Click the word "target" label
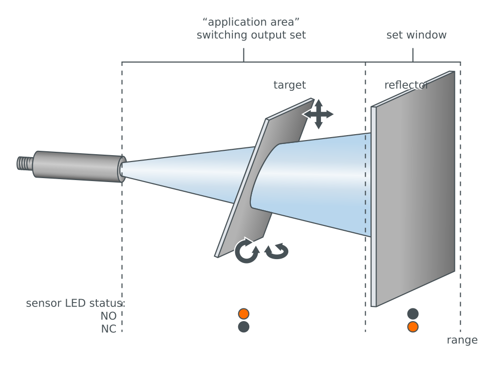(289, 85)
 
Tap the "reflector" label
(406, 85)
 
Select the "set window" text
(416, 35)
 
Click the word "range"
(462, 340)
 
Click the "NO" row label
(108, 316)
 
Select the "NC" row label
(108, 329)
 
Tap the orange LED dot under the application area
(243, 314)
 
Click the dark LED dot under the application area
(243, 327)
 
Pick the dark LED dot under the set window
(412, 314)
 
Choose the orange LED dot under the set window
(412, 327)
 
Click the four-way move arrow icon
(318, 114)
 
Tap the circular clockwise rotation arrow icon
(246, 251)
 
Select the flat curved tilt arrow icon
(277, 251)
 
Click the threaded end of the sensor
(25, 163)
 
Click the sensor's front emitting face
(121, 169)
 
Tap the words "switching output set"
(251, 35)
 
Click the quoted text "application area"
(251, 22)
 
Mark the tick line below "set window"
(412, 55)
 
